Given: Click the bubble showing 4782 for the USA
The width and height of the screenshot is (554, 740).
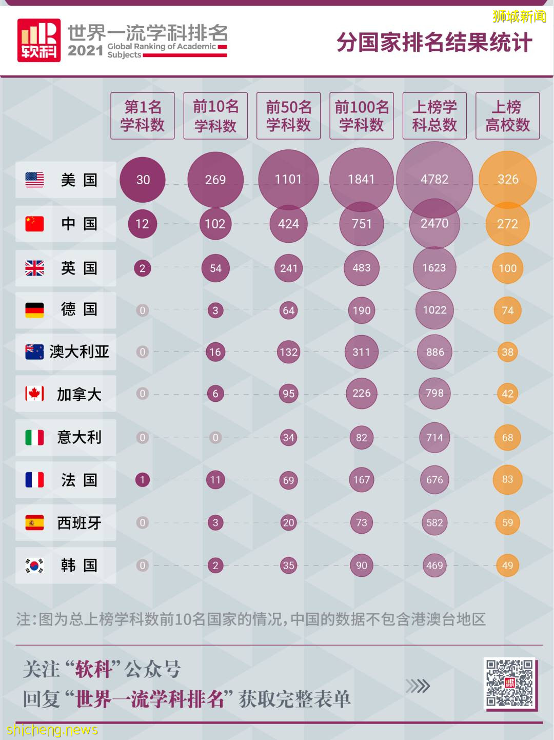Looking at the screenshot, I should pyautogui.click(x=434, y=179).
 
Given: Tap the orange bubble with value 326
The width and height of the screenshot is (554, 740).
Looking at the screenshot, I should pyautogui.click(x=508, y=179).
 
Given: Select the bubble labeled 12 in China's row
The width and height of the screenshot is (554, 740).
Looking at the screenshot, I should pyautogui.click(x=142, y=224).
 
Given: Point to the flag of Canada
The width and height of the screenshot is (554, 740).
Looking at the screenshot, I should pyautogui.click(x=34, y=394).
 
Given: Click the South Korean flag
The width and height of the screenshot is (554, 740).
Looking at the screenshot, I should pyautogui.click(x=34, y=566).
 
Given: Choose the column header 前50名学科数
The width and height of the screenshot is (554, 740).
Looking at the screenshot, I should pyautogui.click(x=288, y=116).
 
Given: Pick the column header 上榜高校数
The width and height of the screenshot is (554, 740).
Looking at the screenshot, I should pyautogui.click(x=507, y=116).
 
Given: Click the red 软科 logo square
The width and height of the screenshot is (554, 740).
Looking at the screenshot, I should pyautogui.click(x=39, y=41).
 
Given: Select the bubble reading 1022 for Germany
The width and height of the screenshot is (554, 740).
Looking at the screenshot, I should pyautogui.click(x=434, y=310).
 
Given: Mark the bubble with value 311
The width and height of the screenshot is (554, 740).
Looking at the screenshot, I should pyautogui.click(x=361, y=352).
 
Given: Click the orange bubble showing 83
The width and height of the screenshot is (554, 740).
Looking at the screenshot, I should pyautogui.click(x=507, y=479).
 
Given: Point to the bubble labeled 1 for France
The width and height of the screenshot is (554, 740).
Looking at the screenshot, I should pyautogui.click(x=142, y=480).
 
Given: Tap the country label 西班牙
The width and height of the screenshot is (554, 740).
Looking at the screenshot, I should pyautogui.click(x=79, y=523).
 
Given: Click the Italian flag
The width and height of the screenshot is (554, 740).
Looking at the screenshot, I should pyautogui.click(x=34, y=437).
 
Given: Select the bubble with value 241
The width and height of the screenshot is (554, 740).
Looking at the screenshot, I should pyautogui.click(x=288, y=268).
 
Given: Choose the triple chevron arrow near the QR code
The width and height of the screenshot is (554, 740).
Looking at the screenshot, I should pyautogui.click(x=418, y=686).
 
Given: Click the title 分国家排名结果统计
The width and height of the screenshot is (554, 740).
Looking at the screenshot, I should pyautogui.click(x=434, y=42).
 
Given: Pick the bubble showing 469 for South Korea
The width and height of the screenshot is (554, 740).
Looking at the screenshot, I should pyautogui.click(x=434, y=566).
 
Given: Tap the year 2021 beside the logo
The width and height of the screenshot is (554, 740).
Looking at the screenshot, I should pyautogui.click(x=85, y=51).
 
